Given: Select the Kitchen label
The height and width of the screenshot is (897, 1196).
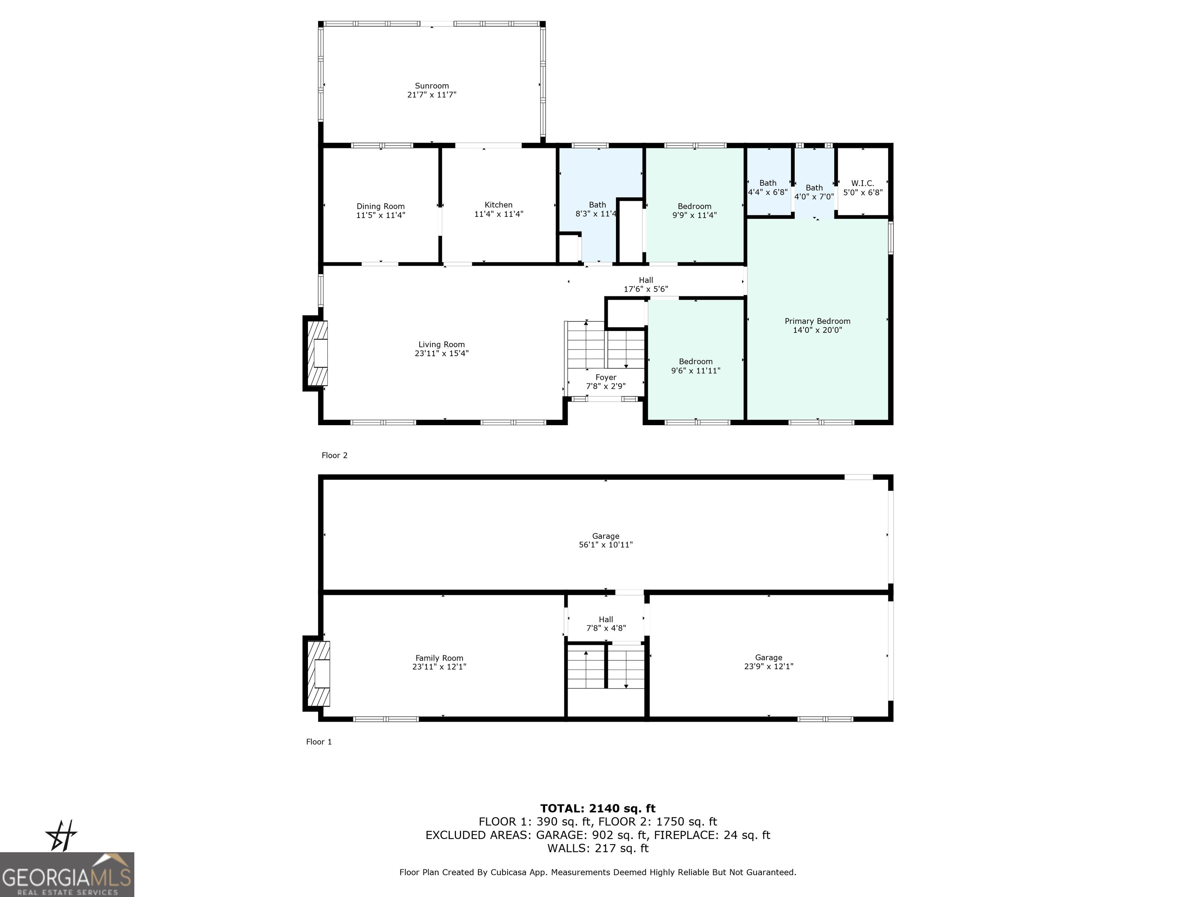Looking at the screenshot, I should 498,205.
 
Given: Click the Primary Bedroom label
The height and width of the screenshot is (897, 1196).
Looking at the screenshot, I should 817,321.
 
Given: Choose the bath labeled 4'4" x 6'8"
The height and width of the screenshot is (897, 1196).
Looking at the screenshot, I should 767,188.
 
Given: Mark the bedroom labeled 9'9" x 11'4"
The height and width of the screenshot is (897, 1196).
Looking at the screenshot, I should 694,210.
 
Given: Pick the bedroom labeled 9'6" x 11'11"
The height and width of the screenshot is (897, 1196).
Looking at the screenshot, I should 695,366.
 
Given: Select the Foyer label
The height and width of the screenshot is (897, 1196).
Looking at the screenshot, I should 605,377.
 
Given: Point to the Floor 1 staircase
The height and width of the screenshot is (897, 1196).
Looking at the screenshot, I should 605,668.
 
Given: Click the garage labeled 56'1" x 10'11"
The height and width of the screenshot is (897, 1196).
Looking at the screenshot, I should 605,540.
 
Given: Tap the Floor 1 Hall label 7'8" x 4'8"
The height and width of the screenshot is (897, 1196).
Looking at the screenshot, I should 605,623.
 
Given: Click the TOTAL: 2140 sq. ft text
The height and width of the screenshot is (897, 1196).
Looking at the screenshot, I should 598,808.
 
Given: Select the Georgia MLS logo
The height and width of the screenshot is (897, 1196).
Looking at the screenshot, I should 67,874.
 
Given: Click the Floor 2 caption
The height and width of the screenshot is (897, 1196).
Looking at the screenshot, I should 334,455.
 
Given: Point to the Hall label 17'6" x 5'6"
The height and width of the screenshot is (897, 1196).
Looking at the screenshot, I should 645,285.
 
